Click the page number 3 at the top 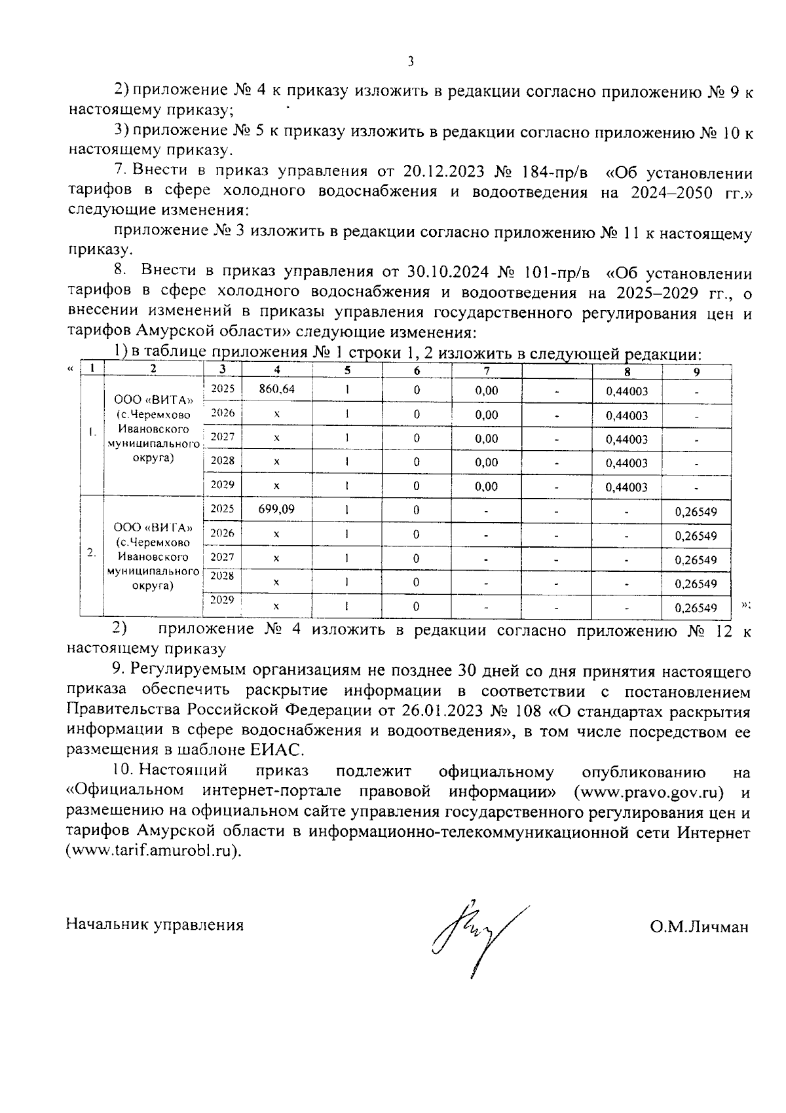[x=411, y=62]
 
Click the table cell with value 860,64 [x=276, y=389]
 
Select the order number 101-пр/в [x=557, y=272]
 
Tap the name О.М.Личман [x=699, y=927]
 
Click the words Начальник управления [x=155, y=925]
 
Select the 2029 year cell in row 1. [x=223, y=485]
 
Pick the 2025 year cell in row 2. [x=223, y=508]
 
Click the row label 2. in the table [x=92, y=553]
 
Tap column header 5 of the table [x=347, y=370]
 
